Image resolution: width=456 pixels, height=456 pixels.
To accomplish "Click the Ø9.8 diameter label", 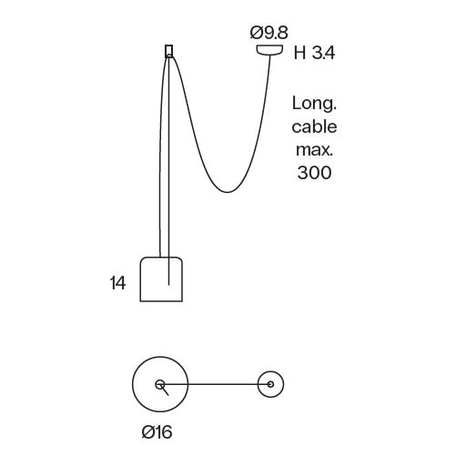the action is [269, 33].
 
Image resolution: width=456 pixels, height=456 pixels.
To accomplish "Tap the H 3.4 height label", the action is [314, 53].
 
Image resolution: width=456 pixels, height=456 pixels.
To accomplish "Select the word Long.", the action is [314, 105].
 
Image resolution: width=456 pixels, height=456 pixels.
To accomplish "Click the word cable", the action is [314, 127].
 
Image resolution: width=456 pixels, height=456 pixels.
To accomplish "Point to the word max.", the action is [314, 150].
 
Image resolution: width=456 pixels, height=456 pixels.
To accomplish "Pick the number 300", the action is [314, 173].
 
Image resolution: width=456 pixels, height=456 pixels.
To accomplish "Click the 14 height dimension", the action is [117, 283].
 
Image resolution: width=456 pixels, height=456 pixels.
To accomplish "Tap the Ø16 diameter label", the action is [157, 431].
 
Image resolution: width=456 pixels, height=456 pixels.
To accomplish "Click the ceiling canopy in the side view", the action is [269, 50].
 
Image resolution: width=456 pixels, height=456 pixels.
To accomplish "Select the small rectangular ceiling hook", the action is [168, 51].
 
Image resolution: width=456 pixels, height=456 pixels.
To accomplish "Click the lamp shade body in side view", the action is [161, 279].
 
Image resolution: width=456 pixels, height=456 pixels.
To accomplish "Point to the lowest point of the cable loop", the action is [227, 192].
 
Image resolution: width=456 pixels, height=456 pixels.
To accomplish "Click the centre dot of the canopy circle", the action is [270, 384].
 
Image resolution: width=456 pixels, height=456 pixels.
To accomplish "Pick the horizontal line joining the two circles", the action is [216, 384].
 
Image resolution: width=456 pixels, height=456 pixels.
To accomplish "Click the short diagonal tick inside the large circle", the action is [164, 390].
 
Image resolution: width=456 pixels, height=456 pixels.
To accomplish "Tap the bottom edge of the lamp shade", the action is [161, 301].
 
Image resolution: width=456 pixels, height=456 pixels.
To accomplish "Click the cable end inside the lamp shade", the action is [168, 285].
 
